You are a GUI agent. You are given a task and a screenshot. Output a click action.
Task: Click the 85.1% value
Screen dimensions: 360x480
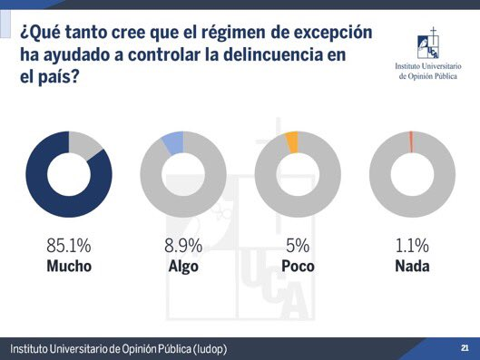point(69,246)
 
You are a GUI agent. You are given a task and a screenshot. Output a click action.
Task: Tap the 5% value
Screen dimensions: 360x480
point(298,246)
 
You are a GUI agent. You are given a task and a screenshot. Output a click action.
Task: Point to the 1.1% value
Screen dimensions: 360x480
point(412,246)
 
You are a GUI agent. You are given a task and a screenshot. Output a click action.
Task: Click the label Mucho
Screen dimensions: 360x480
point(69,266)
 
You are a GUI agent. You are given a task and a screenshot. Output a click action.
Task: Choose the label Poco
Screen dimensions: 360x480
point(298,266)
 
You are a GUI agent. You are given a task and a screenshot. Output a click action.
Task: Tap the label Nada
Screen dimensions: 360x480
point(412,266)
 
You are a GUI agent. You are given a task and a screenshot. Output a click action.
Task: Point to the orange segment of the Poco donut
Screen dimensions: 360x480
point(291,141)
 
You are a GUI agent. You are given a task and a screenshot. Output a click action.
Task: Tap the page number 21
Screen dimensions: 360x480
point(465,348)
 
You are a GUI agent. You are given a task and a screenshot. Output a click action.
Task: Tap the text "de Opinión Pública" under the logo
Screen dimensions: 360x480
point(429,76)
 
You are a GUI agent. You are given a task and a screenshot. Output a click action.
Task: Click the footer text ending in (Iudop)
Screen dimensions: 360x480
point(118,349)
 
